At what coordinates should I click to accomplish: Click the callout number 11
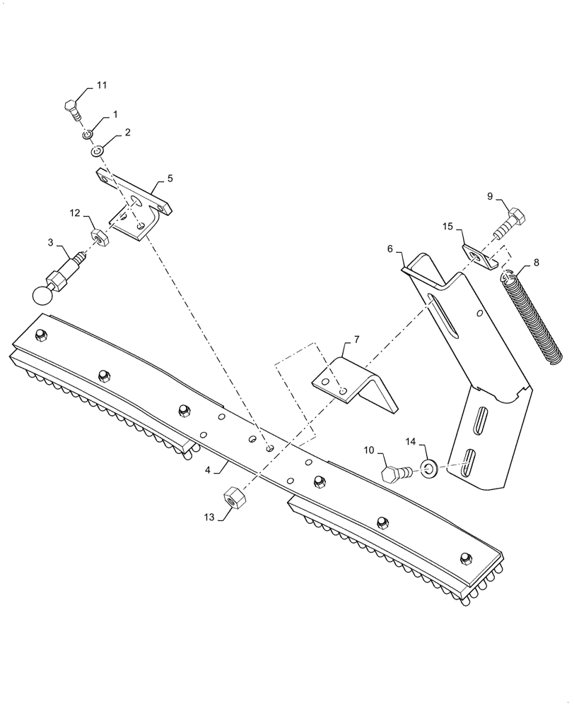(102, 85)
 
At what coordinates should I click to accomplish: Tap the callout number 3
(51, 243)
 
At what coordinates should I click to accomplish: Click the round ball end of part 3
(43, 295)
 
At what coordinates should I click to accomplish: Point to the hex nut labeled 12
(98, 236)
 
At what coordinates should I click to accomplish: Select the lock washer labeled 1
(87, 134)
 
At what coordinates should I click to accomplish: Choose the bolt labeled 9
(506, 221)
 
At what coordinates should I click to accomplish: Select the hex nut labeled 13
(233, 498)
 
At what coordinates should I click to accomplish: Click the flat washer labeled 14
(428, 468)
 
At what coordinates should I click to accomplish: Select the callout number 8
(536, 263)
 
